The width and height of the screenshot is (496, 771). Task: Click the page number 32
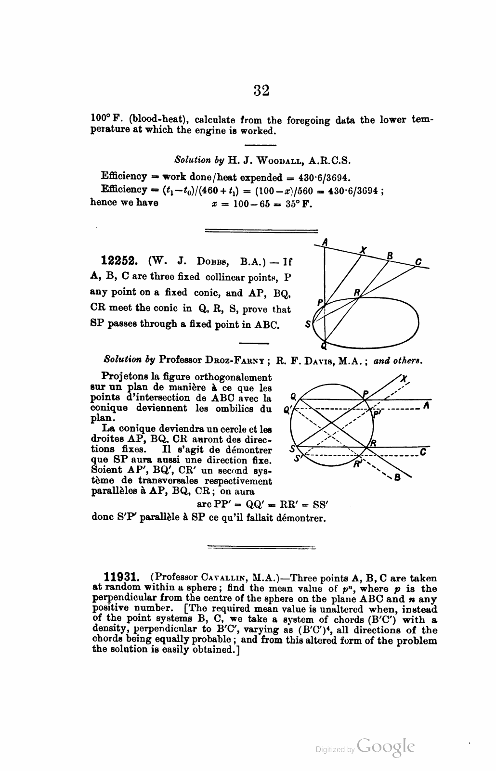[x=261, y=90]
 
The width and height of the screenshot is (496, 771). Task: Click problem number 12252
[x=120, y=261]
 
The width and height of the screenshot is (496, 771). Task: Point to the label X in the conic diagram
[x=365, y=250]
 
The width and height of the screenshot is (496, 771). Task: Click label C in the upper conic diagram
[x=419, y=262]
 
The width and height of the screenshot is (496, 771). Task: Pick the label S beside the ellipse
[x=308, y=324]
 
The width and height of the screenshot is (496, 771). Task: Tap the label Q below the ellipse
[x=324, y=346]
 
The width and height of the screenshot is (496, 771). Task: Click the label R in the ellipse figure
[x=357, y=292]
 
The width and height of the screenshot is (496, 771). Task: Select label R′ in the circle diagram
[x=357, y=464]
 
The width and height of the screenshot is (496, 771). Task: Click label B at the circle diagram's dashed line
[x=397, y=478]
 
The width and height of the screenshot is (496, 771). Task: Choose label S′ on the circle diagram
[x=297, y=459]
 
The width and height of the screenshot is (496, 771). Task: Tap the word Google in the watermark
[x=386, y=746]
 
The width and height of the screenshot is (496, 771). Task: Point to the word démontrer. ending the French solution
[x=300, y=518]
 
